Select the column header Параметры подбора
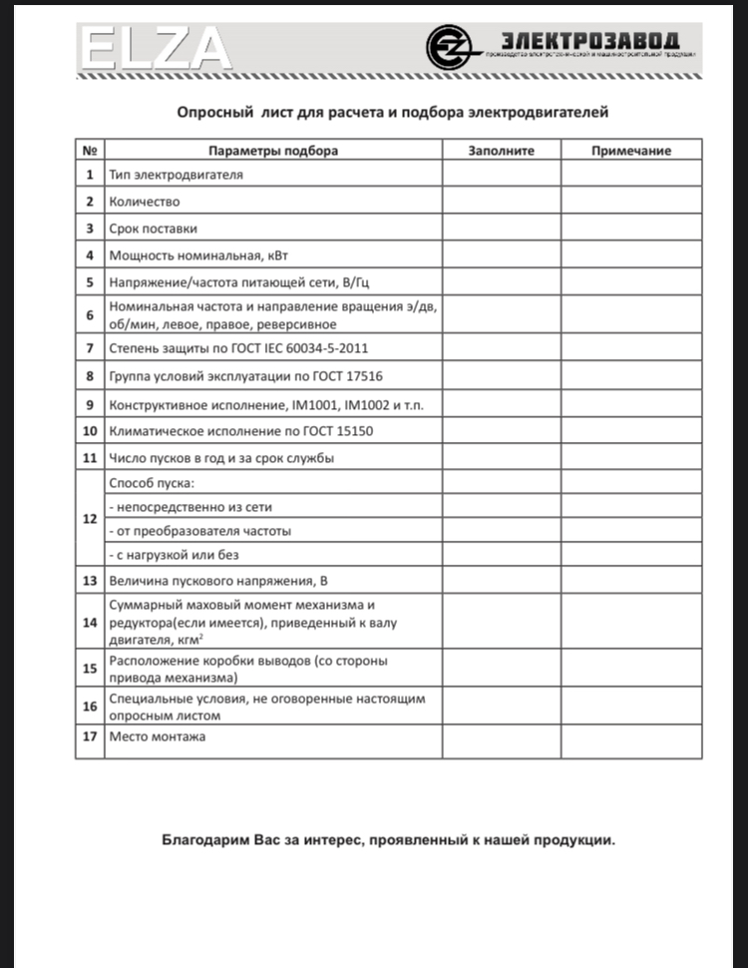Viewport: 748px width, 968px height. click(x=272, y=151)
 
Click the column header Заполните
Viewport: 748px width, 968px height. click(x=502, y=151)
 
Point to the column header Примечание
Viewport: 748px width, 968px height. click(x=630, y=151)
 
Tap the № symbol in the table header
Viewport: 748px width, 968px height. click(x=90, y=151)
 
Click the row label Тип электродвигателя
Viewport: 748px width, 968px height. click(x=177, y=175)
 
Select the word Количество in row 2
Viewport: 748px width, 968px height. click(x=145, y=201)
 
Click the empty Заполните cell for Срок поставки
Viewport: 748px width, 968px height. click(x=502, y=228)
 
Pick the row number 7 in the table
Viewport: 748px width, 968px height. click(x=90, y=348)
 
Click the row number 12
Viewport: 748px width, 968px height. click(x=90, y=519)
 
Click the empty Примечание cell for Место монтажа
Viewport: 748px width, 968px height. click(x=630, y=740)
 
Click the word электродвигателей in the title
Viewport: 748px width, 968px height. click(x=547, y=113)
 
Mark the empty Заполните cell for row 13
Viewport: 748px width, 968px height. click(x=502, y=581)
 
